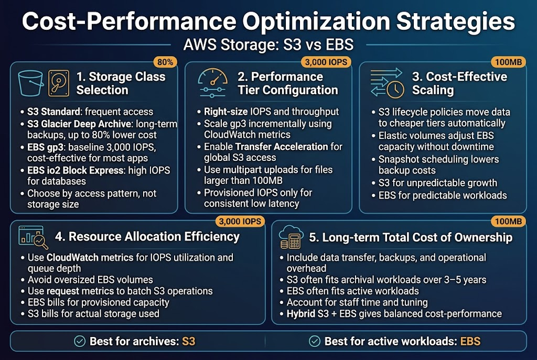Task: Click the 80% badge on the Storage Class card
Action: click(165, 62)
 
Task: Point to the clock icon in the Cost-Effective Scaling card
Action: click(394, 90)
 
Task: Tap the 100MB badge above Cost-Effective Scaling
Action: click(508, 62)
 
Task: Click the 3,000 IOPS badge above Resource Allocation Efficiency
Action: click(239, 221)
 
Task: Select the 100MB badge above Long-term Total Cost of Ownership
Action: click(508, 221)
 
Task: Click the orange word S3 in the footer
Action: click(188, 342)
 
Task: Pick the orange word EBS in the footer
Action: click(470, 342)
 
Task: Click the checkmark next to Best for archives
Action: click(80, 342)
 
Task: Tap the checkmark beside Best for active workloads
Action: click(314, 342)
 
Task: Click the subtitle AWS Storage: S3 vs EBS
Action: click(268, 45)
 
